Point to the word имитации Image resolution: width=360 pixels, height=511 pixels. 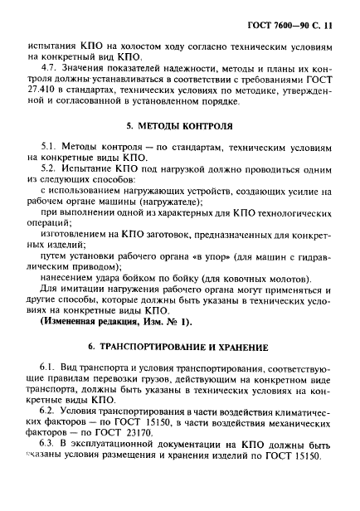(x=80, y=299)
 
